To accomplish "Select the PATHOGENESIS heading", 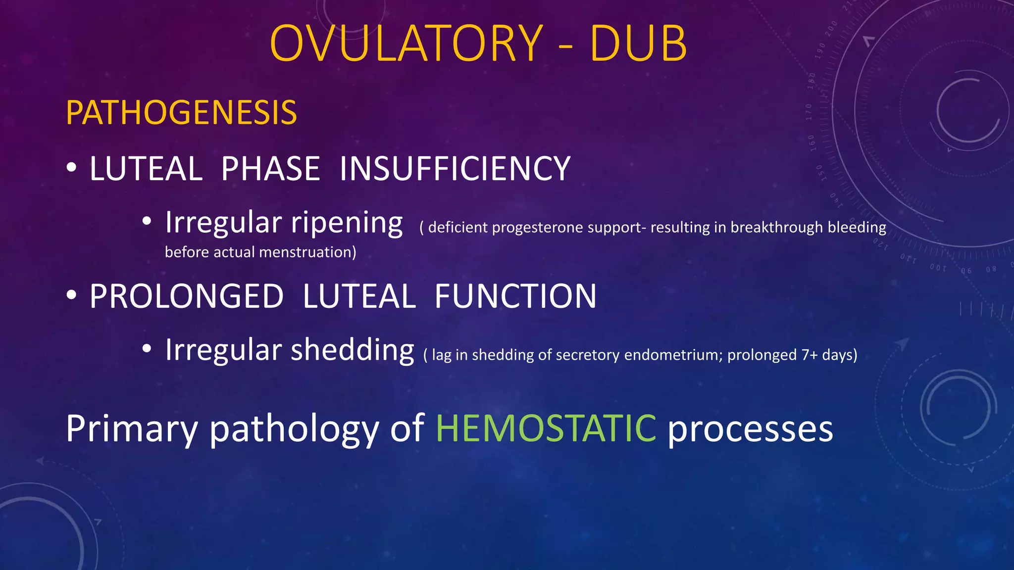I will click(181, 113).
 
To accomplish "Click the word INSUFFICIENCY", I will click(455, 169).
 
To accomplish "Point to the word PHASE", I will click(270, 169).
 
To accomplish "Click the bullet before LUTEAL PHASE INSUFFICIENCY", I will click(72, 168).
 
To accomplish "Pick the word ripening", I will click(347, 223).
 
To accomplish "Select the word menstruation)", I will click(307, 252).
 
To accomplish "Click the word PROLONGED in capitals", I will click(186, 296).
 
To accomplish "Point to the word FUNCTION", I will click(515, 296).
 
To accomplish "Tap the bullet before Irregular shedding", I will click(147, 349).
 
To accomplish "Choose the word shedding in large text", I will click(352, 350).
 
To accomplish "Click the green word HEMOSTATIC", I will click(546, 428).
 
